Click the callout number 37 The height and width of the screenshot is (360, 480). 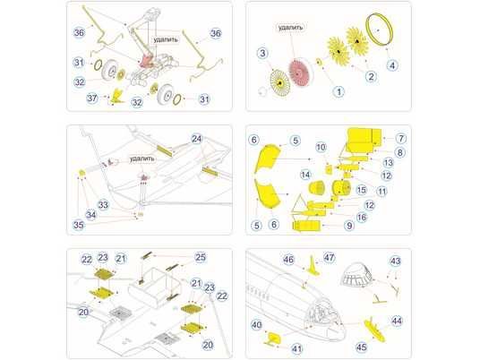pyautogui.click(x=92, y=99)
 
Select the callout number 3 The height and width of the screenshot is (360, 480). pyautogui.click(x=262, y=53)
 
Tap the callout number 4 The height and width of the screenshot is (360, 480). pyautogui.click(x=392, y=65)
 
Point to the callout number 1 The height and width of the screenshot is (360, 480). pyautogui.click(x=339, y=91)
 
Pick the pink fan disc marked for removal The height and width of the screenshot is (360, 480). pyautogui.click(x=300, y=73)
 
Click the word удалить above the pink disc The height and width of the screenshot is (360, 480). pyautogui.click(x=291, y=28)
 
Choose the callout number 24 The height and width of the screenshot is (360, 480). pyautogui.click(x=196, y=139)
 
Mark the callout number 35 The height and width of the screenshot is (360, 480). pyautogui.click(x=79, y=225)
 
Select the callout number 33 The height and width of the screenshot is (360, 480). pyautogui.click(x=103, y=204)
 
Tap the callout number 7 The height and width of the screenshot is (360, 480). pyautogui.click(x=401, y=139)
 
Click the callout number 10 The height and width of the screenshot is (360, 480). pyautogui.click(x=321, y=147)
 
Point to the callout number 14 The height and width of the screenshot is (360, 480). pyautogui.click(x=305, y=175)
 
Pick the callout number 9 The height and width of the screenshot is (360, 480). pyautogui.click(x=349, y=226)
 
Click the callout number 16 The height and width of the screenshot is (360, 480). pyautogui.click(x=362, y=217)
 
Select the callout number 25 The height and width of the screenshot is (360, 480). pyautogui.click(x=201, y=257)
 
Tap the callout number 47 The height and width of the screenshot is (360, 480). pyautogui.click(x=329, y=257)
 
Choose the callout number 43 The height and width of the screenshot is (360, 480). pyautogui.click(x=396, y=261)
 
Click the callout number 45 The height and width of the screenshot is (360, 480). pyautogui.click(x=361, y=347)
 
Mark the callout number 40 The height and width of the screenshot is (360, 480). pyautogui.click(x=256, y=325)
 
